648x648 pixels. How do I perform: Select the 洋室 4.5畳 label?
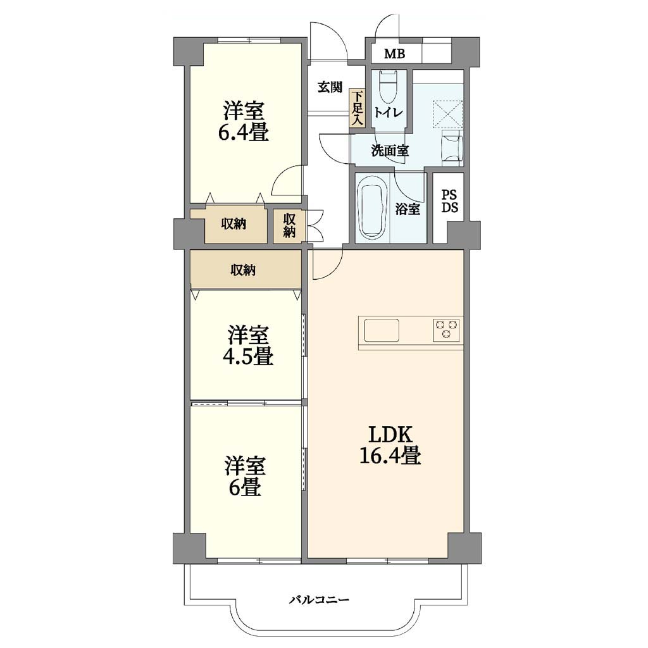248,346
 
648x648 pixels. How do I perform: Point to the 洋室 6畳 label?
245,476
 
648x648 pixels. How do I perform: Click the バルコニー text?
319,599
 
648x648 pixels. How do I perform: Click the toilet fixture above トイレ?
388,87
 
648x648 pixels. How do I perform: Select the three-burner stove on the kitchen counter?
446,329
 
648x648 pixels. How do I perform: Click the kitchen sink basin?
382,330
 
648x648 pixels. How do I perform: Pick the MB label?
395,54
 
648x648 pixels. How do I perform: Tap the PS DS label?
449,201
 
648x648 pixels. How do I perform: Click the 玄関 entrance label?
330,87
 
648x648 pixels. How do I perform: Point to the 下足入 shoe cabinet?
357,108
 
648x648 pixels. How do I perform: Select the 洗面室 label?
390,151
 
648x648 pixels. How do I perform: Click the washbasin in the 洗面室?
452,147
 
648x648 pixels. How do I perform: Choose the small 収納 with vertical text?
289,225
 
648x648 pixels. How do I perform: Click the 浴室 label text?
408,209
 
